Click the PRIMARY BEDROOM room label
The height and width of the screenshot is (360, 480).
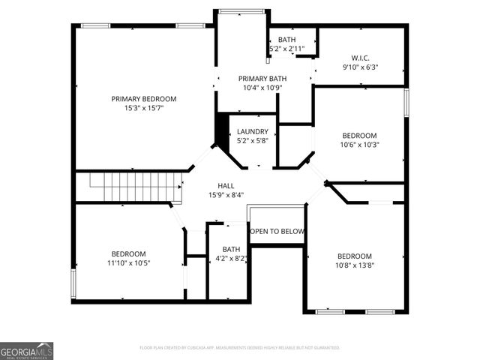coord(143,98)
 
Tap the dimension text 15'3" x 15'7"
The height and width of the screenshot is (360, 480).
coord(143,108)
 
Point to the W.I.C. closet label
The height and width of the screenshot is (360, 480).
coord(360,58)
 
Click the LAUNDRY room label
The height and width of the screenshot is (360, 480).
coord(252,131)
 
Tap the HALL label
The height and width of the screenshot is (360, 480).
coord(226,185)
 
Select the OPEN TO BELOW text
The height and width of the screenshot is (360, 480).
coord(277,231)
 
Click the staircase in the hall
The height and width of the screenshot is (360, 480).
coord(136,187)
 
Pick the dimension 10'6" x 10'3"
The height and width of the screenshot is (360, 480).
coord(360,145)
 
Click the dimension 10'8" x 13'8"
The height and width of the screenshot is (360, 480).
coord(354,265)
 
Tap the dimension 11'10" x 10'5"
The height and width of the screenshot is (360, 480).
coord(129,263)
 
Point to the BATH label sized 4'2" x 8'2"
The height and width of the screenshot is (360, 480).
coord(231,249)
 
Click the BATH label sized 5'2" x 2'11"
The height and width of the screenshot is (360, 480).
coord(286,40)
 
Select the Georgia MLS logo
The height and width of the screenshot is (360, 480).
coord(26,350)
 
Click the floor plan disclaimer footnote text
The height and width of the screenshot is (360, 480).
coord(240,348)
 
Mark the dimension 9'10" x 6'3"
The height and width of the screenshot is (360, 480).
coord(360,67)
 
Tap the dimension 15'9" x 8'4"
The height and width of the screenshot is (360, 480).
coord(226,194)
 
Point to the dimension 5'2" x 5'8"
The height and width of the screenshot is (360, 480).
coord(252,140)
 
